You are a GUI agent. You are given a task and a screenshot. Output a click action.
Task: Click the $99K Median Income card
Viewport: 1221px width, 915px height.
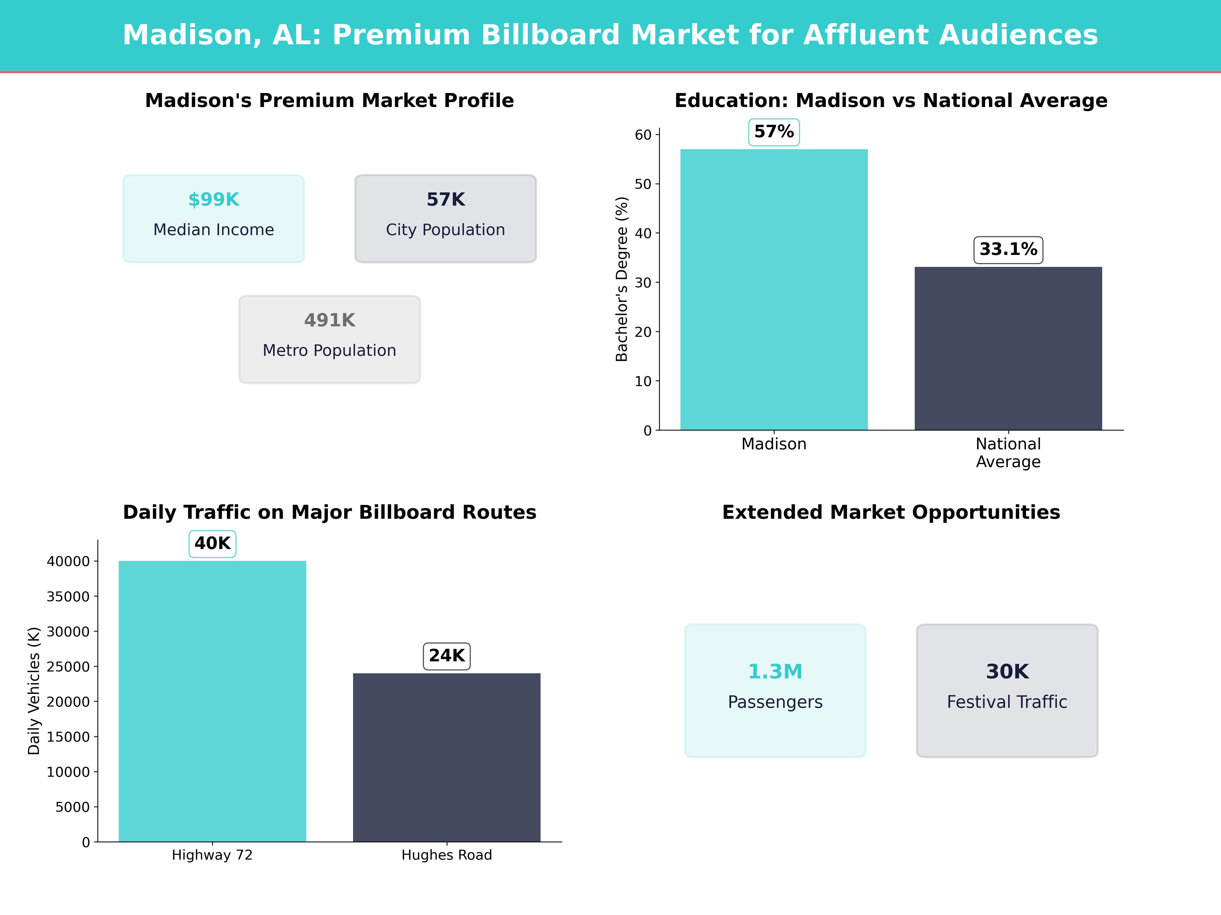214,218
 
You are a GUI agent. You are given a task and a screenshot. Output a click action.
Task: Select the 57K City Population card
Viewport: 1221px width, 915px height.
445,218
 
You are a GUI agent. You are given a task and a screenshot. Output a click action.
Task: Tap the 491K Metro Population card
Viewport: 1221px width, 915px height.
329,339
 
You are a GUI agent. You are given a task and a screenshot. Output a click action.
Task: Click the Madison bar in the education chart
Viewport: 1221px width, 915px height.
774,289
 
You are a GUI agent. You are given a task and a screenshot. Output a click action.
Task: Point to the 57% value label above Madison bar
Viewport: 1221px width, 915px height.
774,132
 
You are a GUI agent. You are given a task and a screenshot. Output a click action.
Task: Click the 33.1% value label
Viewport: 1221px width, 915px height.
1008,249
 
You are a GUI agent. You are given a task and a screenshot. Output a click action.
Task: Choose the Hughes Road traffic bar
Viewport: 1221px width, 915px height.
447,757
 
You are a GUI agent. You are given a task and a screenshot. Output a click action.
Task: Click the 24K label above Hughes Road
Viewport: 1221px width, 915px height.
447,656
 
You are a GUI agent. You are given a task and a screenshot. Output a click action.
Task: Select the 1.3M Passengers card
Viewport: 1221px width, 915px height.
775,691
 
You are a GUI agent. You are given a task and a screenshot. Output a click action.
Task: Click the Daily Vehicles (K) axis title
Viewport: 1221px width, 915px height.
34,691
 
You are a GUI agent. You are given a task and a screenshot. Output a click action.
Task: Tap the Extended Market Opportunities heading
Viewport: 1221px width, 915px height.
891,512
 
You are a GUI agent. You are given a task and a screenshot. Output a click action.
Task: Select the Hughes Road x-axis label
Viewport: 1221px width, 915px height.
447,855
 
